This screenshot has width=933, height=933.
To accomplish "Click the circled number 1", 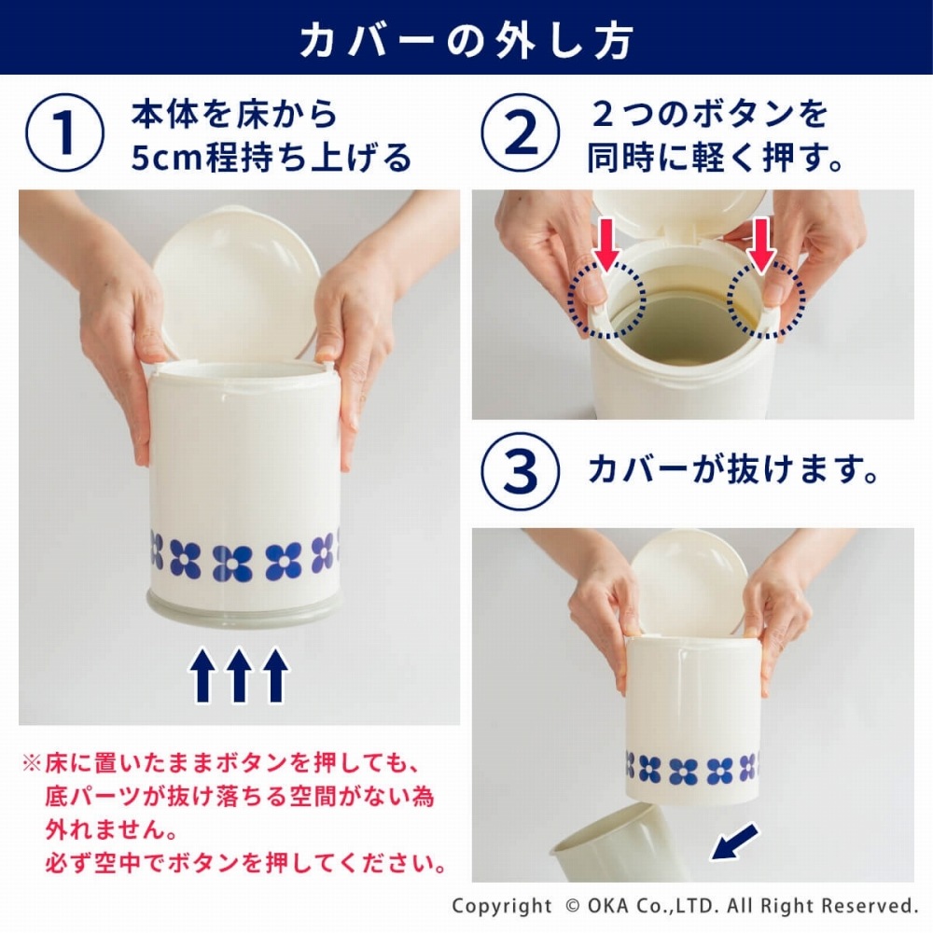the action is pos(64,132).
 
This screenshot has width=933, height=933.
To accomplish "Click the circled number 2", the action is pos(520,132).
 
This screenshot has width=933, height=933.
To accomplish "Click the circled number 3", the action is pos(520,471).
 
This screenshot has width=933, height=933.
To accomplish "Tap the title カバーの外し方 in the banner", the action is pos(466,40).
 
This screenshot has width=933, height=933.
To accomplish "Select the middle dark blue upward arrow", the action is pos(239,675).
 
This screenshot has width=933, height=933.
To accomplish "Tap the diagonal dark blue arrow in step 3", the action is pos(734,842).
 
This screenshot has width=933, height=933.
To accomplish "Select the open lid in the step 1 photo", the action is pos(237,285).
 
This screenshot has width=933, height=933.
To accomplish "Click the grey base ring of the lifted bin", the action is pos(244,608).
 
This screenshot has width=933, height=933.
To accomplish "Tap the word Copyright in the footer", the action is pos(502,906).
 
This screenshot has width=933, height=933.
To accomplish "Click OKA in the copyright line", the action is pos(609,906).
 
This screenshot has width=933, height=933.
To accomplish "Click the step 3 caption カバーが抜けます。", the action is pos(733,470).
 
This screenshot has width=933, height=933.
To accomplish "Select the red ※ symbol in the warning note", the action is pos(32,762).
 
